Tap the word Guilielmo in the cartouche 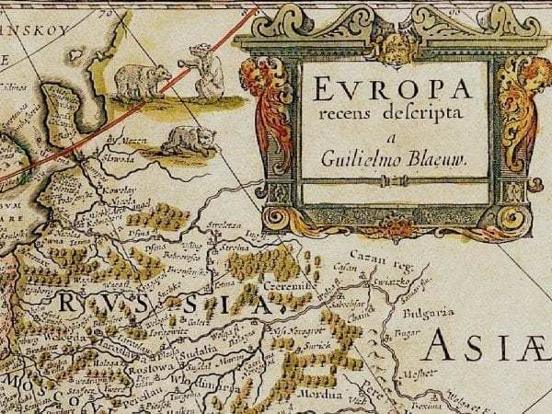pos(362,158)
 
